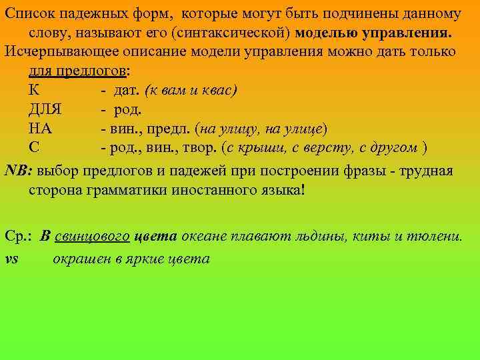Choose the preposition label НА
click(x=41, y=128)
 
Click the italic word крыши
click(x=266, y=147)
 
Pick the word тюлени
click(x=437, y=237)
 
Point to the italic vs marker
click(x=11, y=259)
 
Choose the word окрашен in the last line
click(x=79, y=259)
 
